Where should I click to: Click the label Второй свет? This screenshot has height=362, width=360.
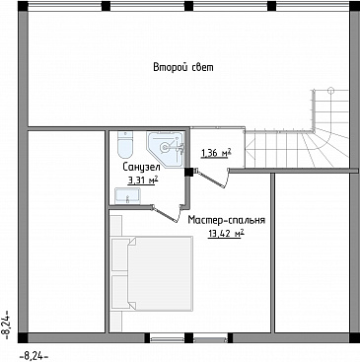point(183,67)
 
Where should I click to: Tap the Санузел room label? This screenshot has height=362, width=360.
point(141,167)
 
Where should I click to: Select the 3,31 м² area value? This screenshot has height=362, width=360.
point(143,180)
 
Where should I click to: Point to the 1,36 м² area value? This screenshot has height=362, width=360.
point(216,153)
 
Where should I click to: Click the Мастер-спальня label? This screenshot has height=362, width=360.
point(227,220)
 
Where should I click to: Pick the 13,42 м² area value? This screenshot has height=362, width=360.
point(226,233)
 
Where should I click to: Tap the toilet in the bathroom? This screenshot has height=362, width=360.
point(125,144)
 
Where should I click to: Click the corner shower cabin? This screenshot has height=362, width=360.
point(166,150)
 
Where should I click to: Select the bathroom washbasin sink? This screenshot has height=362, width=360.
point(127,195)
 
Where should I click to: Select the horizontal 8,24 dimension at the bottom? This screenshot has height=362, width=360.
point(35,356)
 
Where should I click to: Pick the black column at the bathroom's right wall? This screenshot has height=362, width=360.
point(188,173)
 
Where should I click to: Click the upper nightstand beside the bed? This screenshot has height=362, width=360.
point(119,254)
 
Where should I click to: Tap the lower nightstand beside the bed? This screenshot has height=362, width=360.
point(119,292)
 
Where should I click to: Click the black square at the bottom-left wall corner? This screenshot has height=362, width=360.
point(23,337)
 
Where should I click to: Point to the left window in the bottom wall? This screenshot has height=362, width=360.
point(167,338)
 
